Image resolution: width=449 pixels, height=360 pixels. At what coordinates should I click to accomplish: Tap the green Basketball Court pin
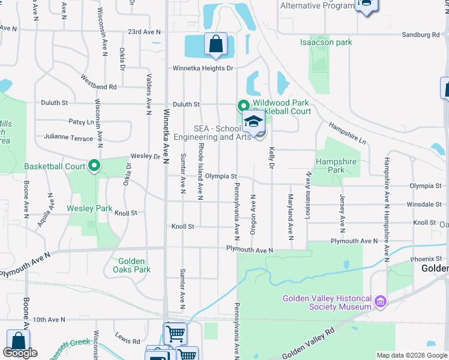94,166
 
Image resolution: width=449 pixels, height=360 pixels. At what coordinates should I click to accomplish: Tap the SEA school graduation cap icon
254,122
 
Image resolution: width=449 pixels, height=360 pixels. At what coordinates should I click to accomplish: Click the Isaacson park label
326,43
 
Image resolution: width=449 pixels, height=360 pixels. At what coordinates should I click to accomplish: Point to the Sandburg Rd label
421,35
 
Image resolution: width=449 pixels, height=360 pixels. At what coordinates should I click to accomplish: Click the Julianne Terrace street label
68,138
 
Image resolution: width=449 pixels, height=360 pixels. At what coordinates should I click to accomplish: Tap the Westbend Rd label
98,82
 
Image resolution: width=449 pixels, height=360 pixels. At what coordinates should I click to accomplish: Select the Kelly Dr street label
272,157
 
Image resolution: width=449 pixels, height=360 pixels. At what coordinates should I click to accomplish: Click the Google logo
20,353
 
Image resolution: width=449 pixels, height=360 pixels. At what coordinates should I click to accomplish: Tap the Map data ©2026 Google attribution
412,355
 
